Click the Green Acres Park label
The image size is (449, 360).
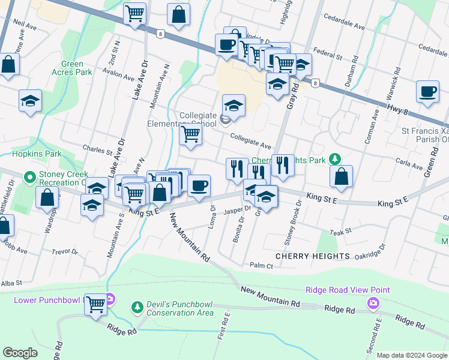pos(76,68)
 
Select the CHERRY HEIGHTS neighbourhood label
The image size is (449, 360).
pos(312,256)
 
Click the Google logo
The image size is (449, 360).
pos(20,353)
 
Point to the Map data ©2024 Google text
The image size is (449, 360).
pos(412,355)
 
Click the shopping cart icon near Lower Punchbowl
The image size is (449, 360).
pos(96,304)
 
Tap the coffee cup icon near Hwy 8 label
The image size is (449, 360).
pos(427,91)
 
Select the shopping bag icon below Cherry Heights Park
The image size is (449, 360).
pos(341,176)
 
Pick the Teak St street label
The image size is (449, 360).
pos(340,231)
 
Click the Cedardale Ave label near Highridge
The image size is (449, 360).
pos(344,27)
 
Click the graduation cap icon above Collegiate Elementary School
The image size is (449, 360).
pos(234,106)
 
